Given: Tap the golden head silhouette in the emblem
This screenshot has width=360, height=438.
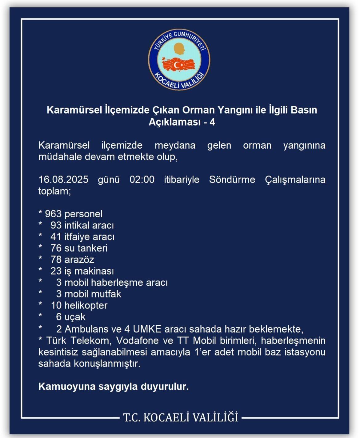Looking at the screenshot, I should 179,49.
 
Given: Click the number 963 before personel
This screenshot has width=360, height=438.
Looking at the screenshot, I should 53,214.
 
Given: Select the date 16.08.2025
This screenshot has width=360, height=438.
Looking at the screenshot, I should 63,179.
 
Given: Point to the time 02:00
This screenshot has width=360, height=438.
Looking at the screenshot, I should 142,179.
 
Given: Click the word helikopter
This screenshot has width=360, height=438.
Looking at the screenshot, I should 86,305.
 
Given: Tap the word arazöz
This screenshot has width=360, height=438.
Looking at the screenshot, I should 79,259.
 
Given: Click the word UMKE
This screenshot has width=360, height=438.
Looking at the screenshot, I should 147,329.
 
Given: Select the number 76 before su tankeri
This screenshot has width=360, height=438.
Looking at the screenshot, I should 56,248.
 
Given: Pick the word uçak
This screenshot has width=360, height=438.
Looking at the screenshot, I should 75,317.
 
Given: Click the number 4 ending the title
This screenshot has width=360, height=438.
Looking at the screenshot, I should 212,122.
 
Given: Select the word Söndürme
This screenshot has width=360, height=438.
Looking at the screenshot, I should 232,179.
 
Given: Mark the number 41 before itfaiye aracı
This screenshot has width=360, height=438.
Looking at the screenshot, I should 56,237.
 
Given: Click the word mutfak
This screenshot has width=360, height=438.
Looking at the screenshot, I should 106,294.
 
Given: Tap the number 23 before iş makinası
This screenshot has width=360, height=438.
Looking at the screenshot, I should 56,271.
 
